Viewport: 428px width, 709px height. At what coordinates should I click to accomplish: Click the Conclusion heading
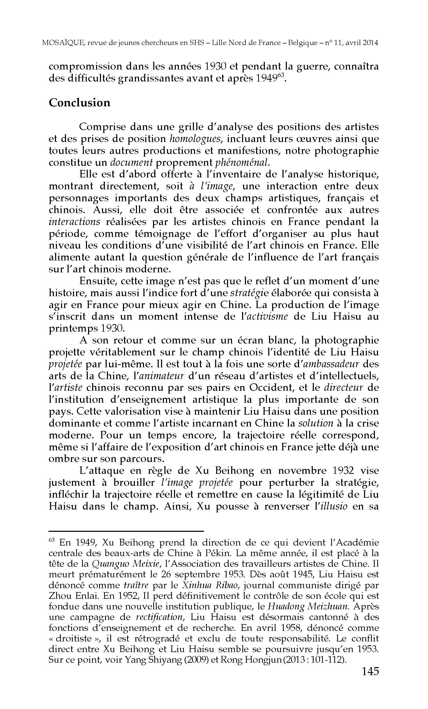coord(79,103)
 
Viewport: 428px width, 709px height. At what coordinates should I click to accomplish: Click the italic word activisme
coord(266,317)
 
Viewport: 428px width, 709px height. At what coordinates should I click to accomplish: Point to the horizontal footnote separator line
coord(126,531)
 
